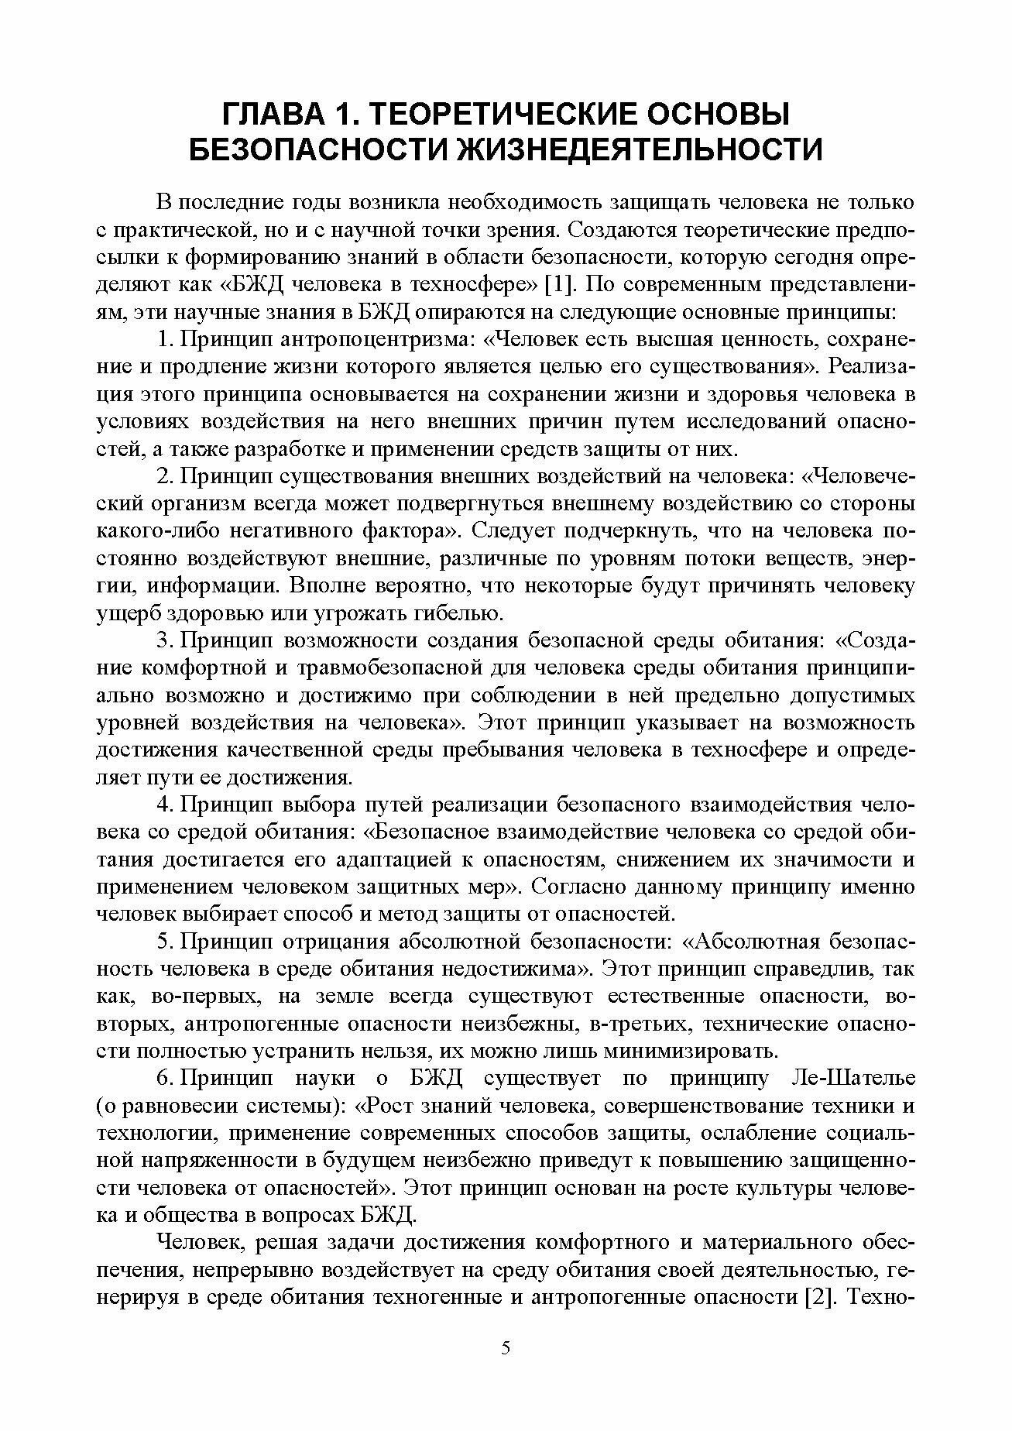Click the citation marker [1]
(559, 284)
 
